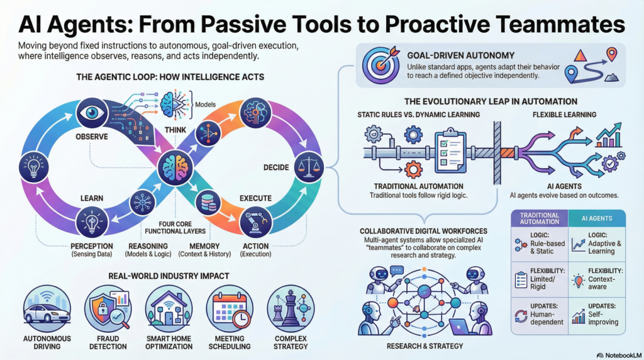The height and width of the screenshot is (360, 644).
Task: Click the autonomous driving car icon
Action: (47, 310)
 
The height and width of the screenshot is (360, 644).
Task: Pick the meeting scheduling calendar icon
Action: (230, 309)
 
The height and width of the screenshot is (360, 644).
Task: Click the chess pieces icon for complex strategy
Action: (290, 309)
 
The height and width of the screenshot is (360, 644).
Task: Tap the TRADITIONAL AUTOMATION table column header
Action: (539, 218)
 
